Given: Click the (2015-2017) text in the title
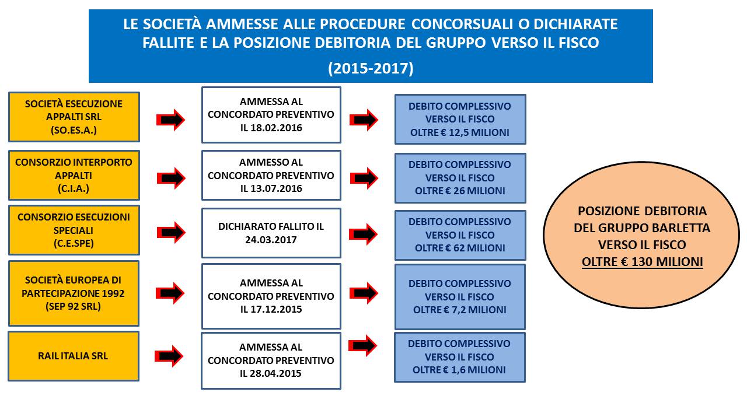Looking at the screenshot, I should pyautogui.click(x=371, y=68).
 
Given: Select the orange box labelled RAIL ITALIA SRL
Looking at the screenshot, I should pyautogui.click(x=74, y=356).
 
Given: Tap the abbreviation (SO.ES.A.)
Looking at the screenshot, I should pyautogui.click(x=74, y=130).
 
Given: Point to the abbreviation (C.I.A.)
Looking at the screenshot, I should pyautogui.click(x=74, y=188).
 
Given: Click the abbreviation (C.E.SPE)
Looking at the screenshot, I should pyautogui.click(x=74, y=243).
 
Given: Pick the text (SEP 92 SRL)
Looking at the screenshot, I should pyautogui.click(x=74, y=307).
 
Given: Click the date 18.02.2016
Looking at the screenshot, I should pyautogui.click(x=278, y=128).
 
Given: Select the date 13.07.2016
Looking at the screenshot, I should pyautogui.click(x=278, y=189).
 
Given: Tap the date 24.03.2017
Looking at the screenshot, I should pyautogui.click(x=271, y=239).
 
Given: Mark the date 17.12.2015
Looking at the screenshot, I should pyautogui.click(x=278, y=309).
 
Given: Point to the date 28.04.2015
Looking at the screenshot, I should pyautogui.click(x=278, y=373).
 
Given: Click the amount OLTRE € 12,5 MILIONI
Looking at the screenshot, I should pyautogui.click(x=460, y=133).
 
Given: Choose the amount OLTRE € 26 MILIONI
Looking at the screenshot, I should pyautogui.click(x=460, y=191).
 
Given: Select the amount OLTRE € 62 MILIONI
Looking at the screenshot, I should pyautogui.click(x=460, y=248).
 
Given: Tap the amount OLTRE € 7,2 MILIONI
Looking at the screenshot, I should pyautogui.click(x=460, y=310).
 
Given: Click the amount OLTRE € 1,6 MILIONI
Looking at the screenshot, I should pyautogui.click(x=460, y=370).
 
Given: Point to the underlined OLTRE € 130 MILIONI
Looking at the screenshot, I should pyautogui.click(x=642, y=262).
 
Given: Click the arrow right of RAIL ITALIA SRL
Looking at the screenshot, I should pyautogui.click(x=169, y=356).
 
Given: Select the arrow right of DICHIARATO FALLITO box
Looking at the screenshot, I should pyautogui.click(x=364, y=233).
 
